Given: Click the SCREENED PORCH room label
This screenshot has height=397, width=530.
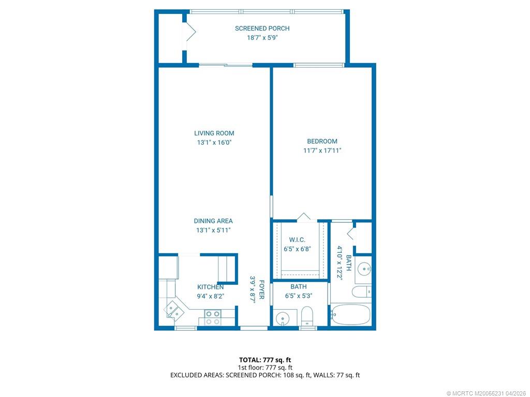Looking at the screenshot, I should coord(262,28).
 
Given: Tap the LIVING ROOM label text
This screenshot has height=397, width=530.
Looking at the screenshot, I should coord(214,133).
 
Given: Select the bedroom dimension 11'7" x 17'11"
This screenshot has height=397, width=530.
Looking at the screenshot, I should coord(322,150).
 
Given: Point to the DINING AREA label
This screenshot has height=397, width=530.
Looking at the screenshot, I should coord(213,221).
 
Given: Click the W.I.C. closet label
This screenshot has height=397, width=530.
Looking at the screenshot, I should coord(297,240).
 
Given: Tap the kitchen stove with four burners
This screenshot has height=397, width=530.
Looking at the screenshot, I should coord(212,317).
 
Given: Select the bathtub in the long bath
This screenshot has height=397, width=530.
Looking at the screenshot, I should coord(351,314).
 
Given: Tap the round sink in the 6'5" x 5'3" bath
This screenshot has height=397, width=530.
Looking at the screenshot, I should coord(283,318).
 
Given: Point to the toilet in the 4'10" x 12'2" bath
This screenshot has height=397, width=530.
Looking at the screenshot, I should coord(362,292).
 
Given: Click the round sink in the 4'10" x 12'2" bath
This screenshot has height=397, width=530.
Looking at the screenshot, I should coord(365,268).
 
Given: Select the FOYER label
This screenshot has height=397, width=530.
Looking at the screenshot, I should coord(262,290).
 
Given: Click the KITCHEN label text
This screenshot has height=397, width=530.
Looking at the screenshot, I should coord(210,287).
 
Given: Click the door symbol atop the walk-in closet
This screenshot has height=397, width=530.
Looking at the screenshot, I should coord(303,217).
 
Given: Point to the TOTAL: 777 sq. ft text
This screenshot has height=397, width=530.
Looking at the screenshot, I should coord(264,359).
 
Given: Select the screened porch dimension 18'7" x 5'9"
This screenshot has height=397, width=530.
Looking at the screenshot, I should coord(262,38).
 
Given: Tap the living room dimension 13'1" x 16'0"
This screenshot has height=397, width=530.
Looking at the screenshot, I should coord(214,142).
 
